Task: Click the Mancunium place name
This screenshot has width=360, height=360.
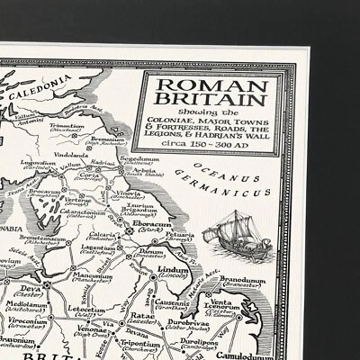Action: click(x=93, y=276)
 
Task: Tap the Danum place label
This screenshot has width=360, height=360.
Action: click(x=139, y=252)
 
